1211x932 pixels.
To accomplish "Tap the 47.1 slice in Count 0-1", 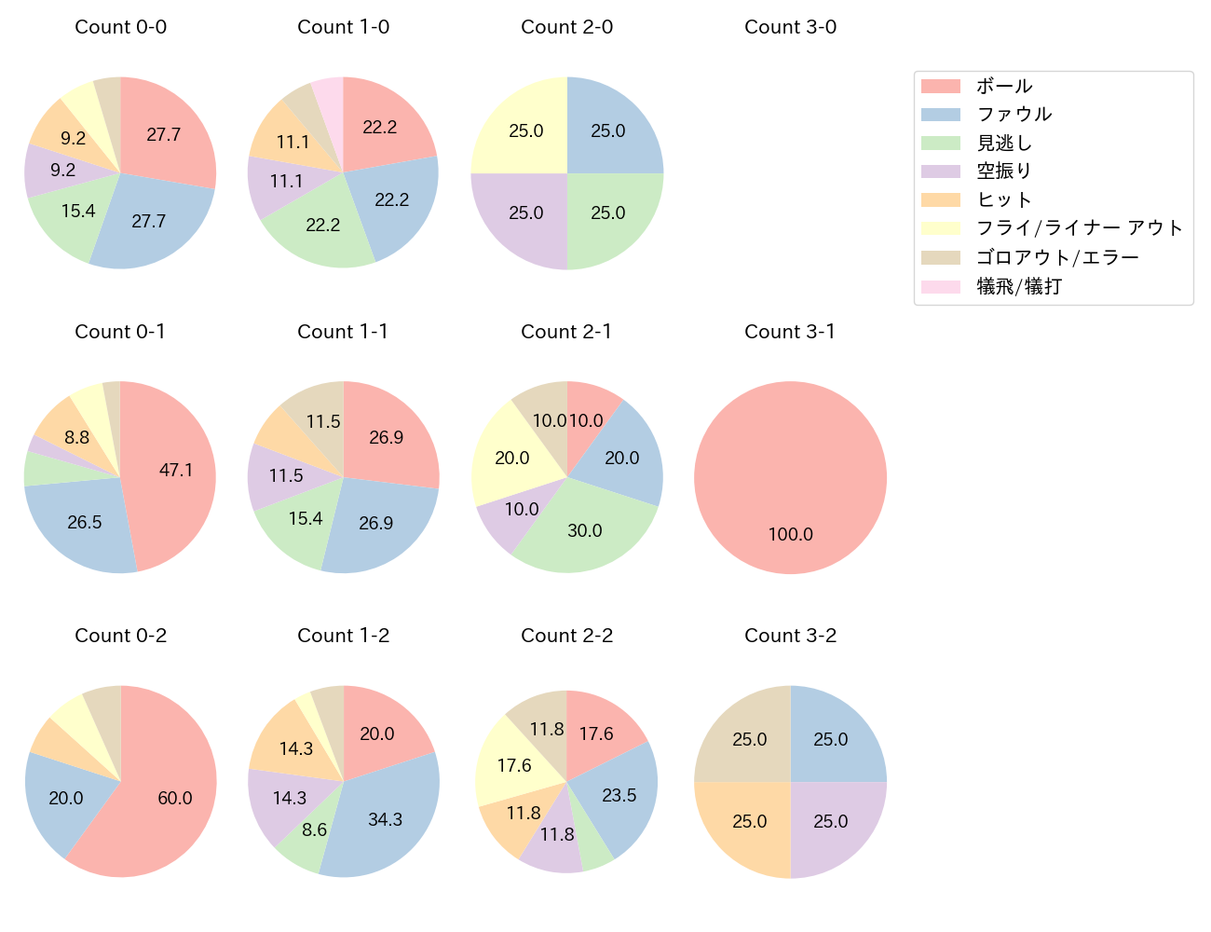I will point(172,471).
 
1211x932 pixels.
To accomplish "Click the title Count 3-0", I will point(790,27).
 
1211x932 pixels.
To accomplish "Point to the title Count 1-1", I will point(343,332).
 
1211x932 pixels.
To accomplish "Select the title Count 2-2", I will point(566,636).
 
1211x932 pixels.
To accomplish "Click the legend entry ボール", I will point(1004,86).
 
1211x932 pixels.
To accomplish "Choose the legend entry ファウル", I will point(1014,115).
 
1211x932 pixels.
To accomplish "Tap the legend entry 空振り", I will point(1004,171).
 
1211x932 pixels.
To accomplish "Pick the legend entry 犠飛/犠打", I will point(1019,286).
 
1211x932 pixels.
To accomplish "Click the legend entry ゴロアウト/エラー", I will point(1057,257).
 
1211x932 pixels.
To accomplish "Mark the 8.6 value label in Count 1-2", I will point(314,829).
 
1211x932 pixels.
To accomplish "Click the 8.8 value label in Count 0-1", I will point(77,436).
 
